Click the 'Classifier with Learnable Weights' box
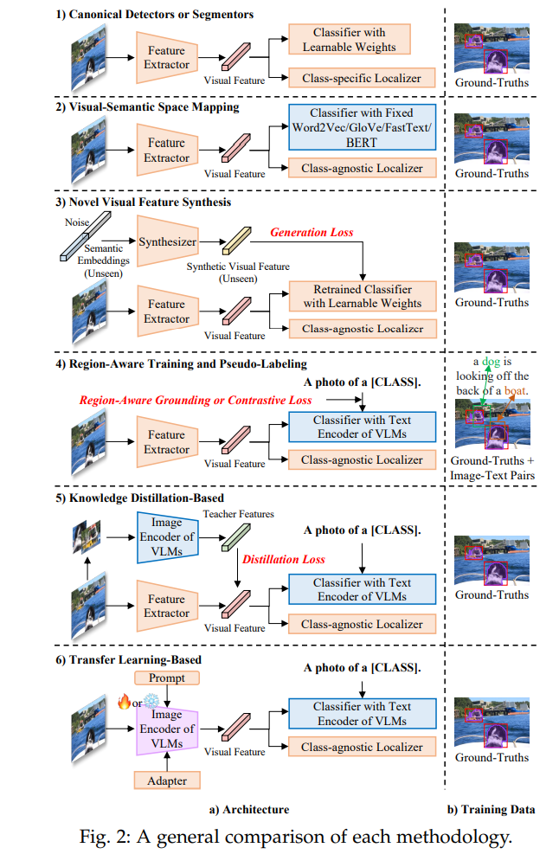(349, 39)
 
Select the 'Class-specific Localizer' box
(362, 78)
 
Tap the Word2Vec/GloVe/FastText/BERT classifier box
(363, 127)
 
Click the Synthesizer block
(168, 241)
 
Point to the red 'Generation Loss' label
(312, 232)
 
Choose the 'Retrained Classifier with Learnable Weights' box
(363, 297)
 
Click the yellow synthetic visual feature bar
(236, 240)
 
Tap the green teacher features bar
(236, 537)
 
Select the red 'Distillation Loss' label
(284, 559)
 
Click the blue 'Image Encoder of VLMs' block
(168, 536)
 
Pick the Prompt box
(167, 678)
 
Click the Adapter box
(167, 780)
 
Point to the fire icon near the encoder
(124, 703)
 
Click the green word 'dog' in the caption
(491, 362)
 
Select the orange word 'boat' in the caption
(516, 390)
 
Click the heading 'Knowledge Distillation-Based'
(146, 498)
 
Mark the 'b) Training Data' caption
(491, 810)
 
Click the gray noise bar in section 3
(86, 237)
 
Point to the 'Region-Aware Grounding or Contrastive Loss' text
(196, 401)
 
